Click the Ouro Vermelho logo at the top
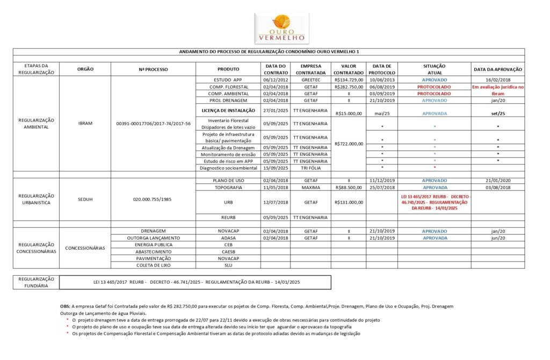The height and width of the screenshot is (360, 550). [282, 28]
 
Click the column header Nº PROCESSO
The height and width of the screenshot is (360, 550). [153, 69]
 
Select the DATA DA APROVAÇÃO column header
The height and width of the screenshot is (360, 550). [498, 69]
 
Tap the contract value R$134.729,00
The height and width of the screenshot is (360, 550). [349, 80]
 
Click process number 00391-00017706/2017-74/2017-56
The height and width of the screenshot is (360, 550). [153, 124]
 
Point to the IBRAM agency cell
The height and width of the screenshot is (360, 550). [85, 124]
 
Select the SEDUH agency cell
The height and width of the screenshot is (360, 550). [85, 199]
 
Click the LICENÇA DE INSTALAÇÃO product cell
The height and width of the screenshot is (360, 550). [228, 110]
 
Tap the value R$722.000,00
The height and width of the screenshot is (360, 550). [349, 143]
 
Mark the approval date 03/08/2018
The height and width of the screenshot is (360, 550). [498, 188]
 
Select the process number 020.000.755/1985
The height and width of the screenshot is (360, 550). [153, 199]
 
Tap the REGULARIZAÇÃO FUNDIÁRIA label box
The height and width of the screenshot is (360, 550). [37, 282]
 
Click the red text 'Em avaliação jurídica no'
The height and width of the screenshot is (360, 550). [498, 87]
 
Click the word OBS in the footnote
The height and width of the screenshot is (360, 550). [65, 306]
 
